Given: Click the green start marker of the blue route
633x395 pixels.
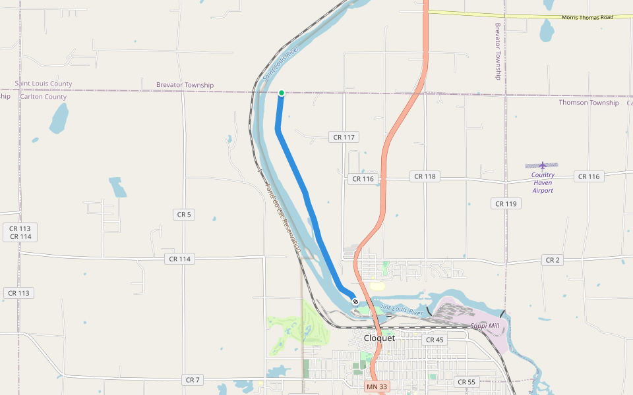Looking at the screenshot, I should click(x=282, y=93).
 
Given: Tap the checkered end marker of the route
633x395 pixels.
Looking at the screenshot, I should click(x=355, y=302).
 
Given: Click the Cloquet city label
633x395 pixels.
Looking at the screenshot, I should click(x=379, y=338).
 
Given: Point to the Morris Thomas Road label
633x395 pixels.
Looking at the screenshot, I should click(x=588, y=17).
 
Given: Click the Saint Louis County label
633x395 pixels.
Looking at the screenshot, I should click(x=44, y=84).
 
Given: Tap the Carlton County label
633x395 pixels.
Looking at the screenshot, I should click(x=44, y=97).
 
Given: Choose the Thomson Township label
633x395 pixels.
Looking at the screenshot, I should click(x=589, y=103).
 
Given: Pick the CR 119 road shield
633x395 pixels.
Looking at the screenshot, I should click(x=506, y=203).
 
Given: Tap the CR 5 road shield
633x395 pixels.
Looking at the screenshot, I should click(x=183, y=214).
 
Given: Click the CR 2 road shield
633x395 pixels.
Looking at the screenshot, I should click(x=553, y=260).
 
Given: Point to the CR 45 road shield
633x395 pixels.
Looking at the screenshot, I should click(x=435, y=340).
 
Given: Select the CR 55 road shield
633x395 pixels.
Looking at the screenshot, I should click(x=466, y=382).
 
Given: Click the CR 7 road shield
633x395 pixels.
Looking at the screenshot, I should click(x=193, y=380).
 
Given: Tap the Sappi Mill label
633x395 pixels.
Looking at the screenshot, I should click(x=485, y=326).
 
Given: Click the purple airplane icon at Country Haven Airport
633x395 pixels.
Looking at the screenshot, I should click(x=543, y=165).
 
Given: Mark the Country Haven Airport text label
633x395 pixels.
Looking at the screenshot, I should click(x=543, y=183).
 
